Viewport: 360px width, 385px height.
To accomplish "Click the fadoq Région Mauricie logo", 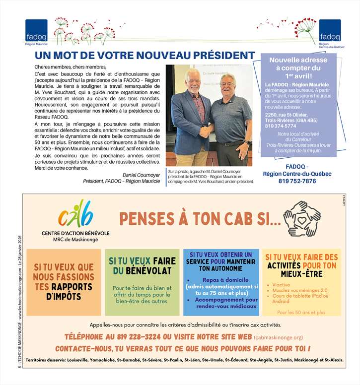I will click(36, 32).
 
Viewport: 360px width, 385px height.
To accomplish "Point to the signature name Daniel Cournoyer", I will click(142, 174).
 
